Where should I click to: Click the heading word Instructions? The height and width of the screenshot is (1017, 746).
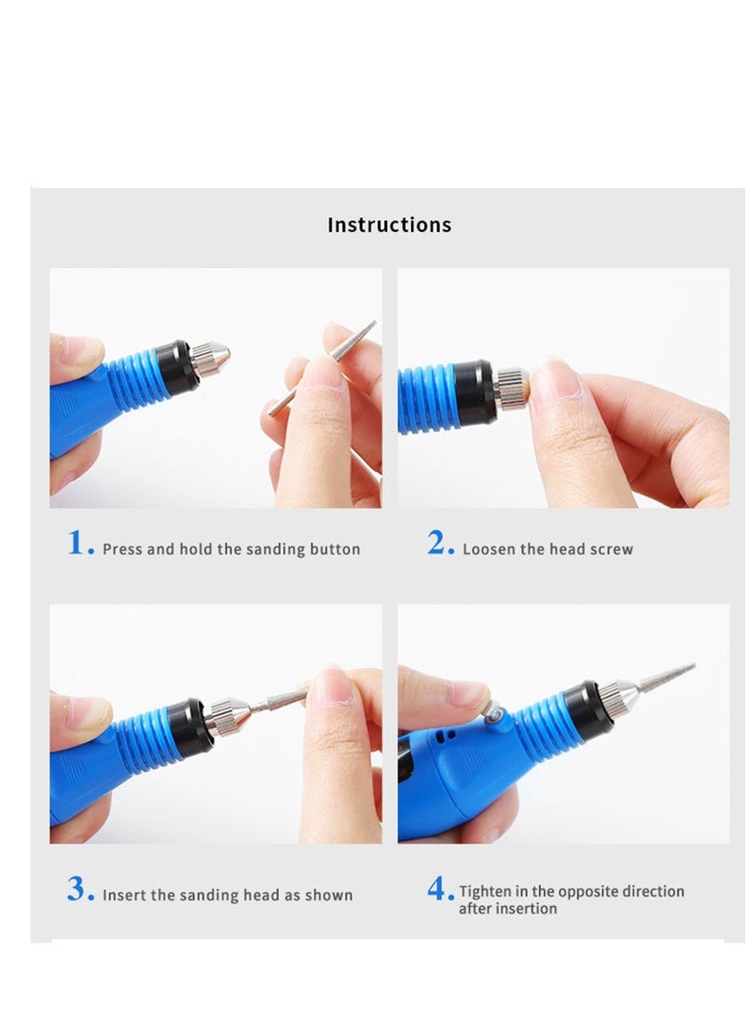pyautogui.click(x=389, y=225)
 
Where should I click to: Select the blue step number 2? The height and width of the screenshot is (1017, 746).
pyautogui.click(x=440, y=543)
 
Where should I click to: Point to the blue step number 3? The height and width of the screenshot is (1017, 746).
pyautogui.click(x=80, y=888)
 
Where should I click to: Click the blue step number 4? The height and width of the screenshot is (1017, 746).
pyautogui.click(x=440, y=888)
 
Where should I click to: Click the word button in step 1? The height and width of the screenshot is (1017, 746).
pyautogui.click(x=335, y=549)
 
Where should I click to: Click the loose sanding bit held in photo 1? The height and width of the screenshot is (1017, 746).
pyautogui.click(x=323, y=367)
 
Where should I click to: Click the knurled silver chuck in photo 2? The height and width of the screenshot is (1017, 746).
pyautogui.click(x=513, y=388)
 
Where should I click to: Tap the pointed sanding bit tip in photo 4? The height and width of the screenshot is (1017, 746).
pyautogui.click(x=694, y=665)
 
